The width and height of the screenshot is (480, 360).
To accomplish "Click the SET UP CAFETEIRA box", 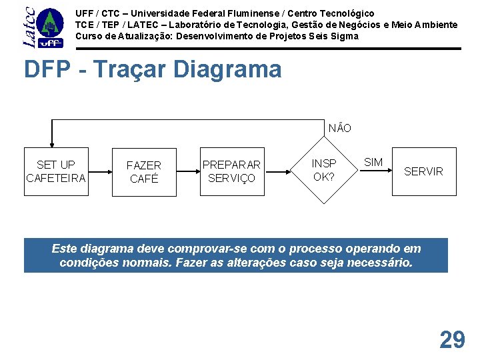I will tap(56, 171).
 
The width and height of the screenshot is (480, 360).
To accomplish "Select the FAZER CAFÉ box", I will tap(144, 172).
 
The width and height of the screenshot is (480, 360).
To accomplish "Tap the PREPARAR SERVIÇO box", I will tap(232, 171).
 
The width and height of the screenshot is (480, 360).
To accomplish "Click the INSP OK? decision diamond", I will tap(324, 171).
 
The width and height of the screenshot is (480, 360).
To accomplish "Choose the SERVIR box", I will tap(423, 171).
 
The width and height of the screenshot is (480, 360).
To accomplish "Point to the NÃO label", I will tap(340, 128).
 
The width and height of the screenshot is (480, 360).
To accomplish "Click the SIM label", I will tap(373, 163).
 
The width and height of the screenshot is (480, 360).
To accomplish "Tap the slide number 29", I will tap(452, 340).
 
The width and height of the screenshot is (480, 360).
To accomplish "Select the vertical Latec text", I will tap(29, 27).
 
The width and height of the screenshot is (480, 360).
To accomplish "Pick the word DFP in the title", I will tap(47, 69).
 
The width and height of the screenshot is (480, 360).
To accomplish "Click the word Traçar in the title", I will tap(126, 69).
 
